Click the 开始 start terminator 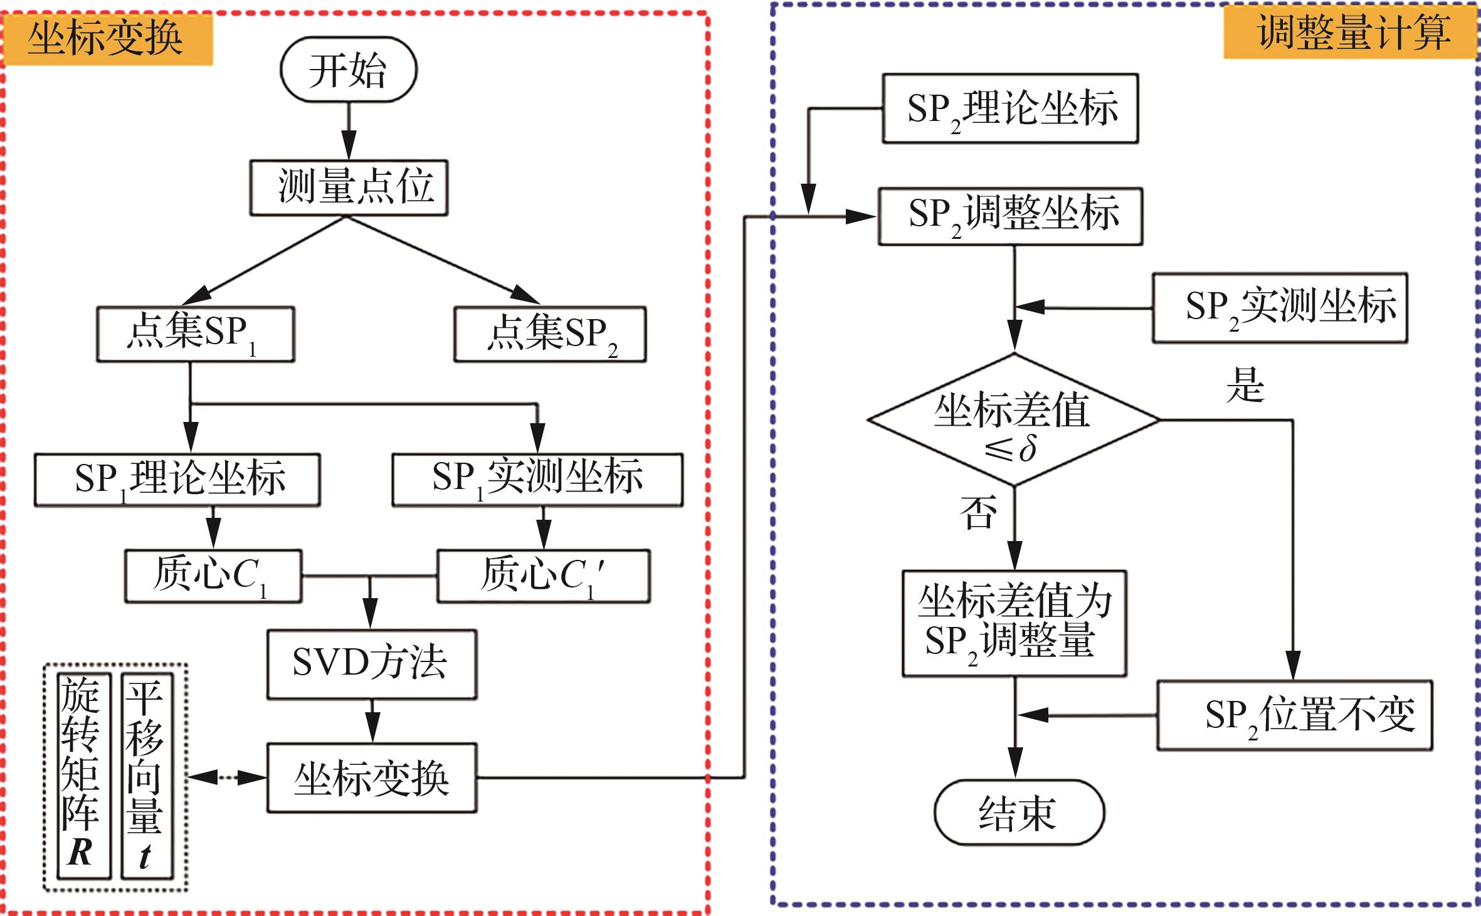coord(348,70)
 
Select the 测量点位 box coord(349,187)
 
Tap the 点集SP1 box coord(195,334)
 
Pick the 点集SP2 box coord(550,334)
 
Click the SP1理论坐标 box coord(177,480)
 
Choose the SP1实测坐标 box coord(537,480)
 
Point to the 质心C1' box coord(544,576)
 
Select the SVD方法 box coord(372,664)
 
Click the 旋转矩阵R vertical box coord(83,776)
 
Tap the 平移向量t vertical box coord(146,776)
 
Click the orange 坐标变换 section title coord(107,39)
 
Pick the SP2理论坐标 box coord(1010,108)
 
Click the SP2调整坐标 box coord(1010,216)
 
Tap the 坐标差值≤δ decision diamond coord(1013,419)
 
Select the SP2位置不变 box coord(1295,715)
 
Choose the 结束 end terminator coord(1019,813)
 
